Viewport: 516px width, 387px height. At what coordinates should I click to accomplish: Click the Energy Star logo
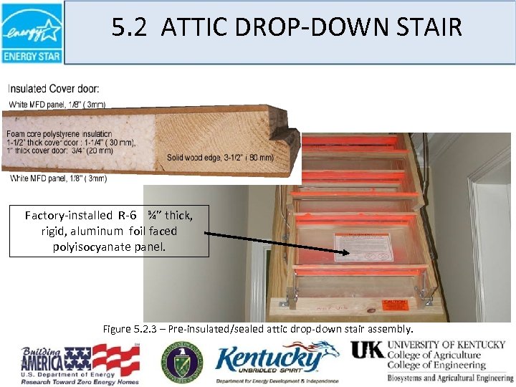[32, 32]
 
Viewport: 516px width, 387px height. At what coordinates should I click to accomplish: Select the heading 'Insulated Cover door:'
[54, 89]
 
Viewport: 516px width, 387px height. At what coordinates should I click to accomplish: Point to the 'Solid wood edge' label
[220, 158]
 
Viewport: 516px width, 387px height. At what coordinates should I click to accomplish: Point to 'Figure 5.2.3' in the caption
[129, 330]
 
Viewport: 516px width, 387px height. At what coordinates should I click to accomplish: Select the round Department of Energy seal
[181, 362]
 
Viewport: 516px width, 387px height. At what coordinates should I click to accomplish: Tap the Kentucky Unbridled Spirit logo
[275, 362]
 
